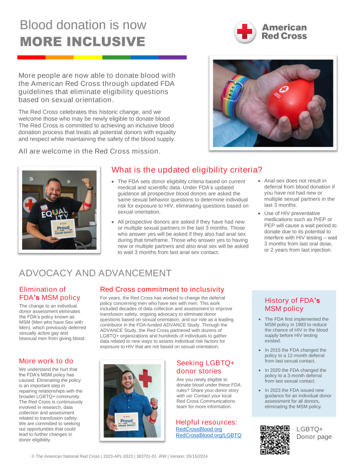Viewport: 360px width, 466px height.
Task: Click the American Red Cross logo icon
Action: [244, 32]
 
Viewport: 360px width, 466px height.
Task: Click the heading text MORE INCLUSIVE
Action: [83, 42]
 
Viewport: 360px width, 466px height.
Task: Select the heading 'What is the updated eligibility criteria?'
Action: [187, 170]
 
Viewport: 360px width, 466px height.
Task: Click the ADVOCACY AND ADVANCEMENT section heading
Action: [95, 273]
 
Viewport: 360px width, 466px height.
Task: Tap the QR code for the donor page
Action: [275, 440]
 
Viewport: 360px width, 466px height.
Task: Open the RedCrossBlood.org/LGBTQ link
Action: [208, 436]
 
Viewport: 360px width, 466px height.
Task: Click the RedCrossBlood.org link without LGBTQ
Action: [198, 429]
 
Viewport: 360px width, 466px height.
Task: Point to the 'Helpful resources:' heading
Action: [207, 422]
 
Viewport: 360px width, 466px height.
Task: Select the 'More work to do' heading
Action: [46, 361]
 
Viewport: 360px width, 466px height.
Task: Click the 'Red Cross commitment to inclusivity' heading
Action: [162, 289]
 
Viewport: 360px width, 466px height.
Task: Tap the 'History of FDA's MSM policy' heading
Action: [294, 304]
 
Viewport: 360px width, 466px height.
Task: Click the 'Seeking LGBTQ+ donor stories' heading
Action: [205, 367]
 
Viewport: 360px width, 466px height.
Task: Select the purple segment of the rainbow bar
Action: [173, 57]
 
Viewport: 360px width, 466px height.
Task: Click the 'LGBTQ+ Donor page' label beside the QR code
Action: [313, 433]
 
